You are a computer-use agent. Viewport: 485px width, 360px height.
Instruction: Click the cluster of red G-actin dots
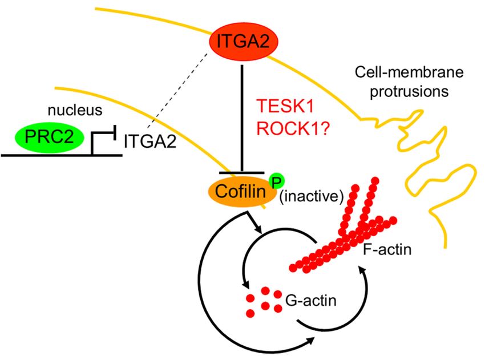(264, 301)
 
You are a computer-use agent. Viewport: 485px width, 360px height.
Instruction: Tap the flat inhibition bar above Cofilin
(244, 172)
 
